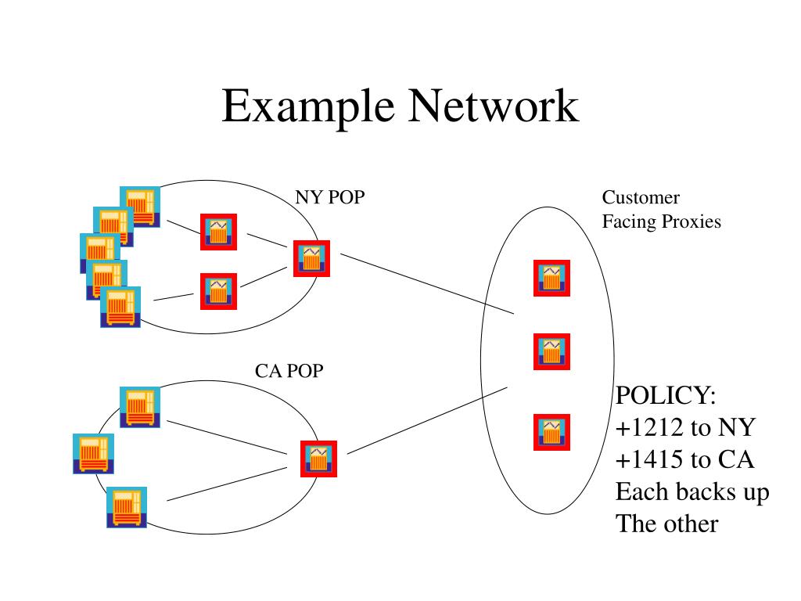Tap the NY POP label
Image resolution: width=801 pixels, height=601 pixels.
click(329, 197)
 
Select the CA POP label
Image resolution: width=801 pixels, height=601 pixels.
click(289, 371)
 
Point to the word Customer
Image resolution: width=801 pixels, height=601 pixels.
click(641, 198)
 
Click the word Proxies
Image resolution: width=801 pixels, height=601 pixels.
click(691, 221)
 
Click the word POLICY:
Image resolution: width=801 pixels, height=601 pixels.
click(666, 395)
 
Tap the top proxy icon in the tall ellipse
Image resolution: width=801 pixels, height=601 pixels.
click(551, 278)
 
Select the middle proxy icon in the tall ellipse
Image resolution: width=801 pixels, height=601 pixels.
click(551, 351)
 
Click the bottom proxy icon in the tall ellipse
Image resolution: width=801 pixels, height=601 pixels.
click(551, 431)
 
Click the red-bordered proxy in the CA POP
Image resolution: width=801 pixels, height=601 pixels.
click(318, 459)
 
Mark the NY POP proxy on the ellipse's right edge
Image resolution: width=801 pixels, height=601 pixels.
click(311, 258)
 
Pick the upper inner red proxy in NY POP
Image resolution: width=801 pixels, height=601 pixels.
click(218, 232)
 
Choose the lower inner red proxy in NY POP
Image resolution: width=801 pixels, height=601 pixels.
click(218, 291)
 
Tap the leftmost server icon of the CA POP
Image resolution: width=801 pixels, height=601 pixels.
click(93, 453)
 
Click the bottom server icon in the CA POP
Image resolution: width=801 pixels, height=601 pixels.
click(126, 506)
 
